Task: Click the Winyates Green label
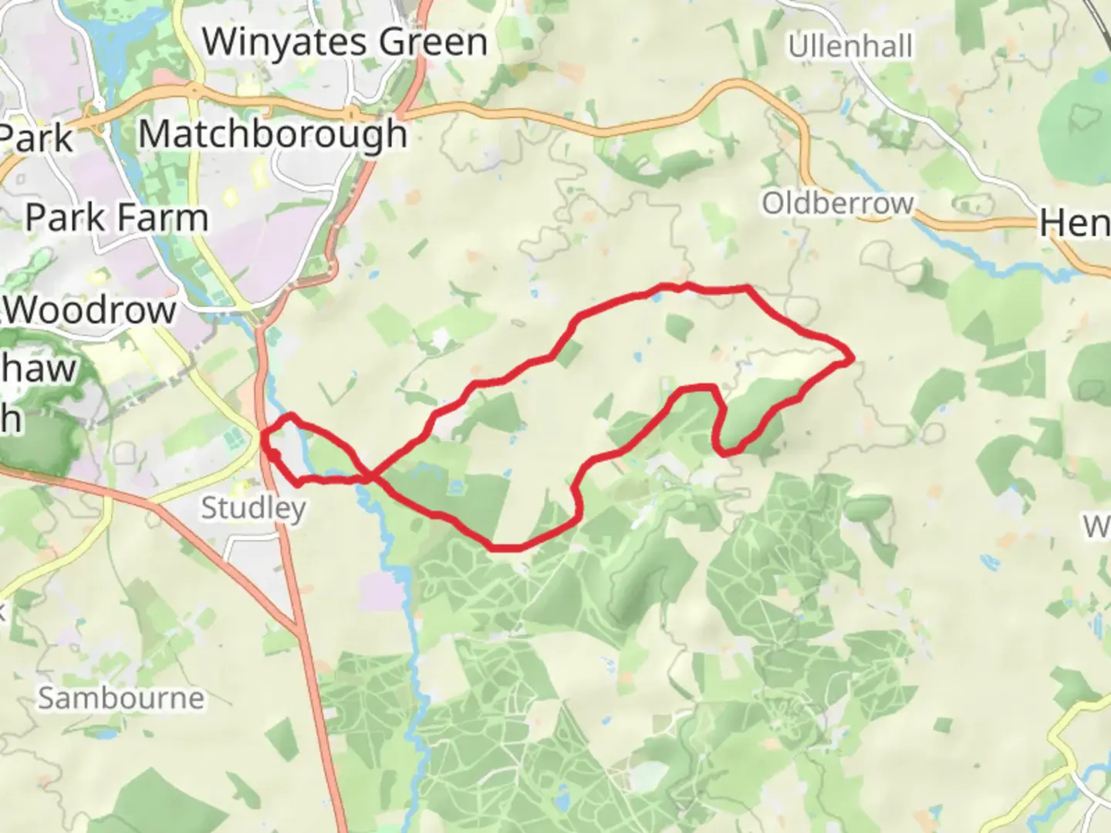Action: click(x=345, y=42)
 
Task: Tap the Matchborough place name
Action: click(x=272, y=135)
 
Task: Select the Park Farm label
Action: click(x=117, y=218)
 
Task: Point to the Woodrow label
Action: click(x=91, y=310)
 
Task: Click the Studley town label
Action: click(x=253, y=508)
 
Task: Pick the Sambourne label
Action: click(x=121, y=698)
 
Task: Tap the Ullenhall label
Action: click(x=849, y=46)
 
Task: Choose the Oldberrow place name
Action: click(x=838, y=204)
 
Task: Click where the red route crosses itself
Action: click(x=371, y=477)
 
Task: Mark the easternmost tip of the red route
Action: click(x=853, y=358)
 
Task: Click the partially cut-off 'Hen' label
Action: click(x=1074, y=224)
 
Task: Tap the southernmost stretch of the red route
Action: click(x=506, y=548)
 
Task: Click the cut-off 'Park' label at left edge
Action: click(x=36, y=139)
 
